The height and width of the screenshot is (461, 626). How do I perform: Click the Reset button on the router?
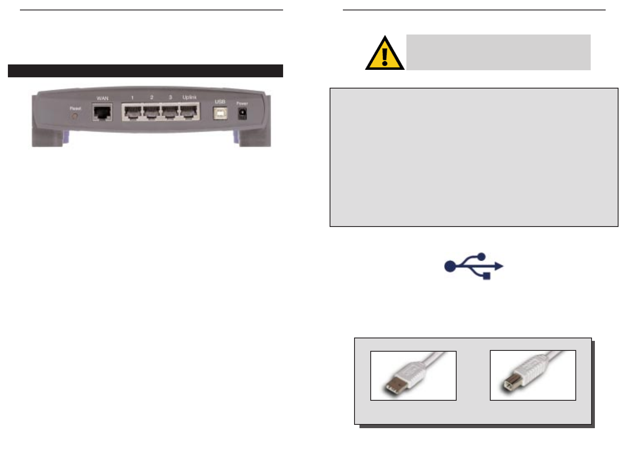tap(75, 116)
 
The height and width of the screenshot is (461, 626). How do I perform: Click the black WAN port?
tap(102, 113)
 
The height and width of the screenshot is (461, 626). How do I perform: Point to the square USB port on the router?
tap(220, 113)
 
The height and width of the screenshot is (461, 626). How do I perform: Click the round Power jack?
tap(242, 113)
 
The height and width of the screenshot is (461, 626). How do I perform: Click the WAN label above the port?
tap(103, 99)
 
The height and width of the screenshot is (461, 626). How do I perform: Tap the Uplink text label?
tap(190, 97)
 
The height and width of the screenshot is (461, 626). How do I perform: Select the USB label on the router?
tap(220, 102)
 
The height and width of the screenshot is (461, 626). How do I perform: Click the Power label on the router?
tap(242, 104)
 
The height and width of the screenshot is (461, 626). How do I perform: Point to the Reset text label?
tap(75, 108)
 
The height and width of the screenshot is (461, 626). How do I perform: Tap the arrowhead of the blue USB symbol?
tap(499, 266)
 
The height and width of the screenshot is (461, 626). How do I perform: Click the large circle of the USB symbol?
tap(450, 266)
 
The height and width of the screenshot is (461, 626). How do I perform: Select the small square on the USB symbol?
tap(487, 275)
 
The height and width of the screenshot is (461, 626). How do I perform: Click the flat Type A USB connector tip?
tap(389, 390)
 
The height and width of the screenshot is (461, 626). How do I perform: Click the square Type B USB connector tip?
tap(508, 386)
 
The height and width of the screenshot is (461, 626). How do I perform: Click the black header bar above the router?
tap(145, 71)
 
